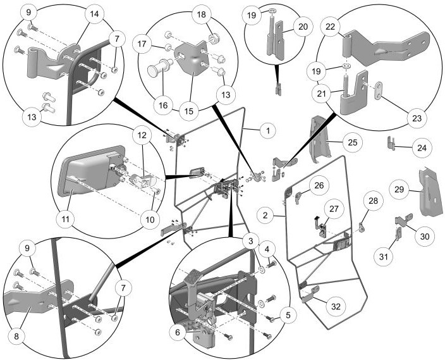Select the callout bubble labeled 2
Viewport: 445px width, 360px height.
267,215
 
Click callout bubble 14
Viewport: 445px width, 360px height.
94,14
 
